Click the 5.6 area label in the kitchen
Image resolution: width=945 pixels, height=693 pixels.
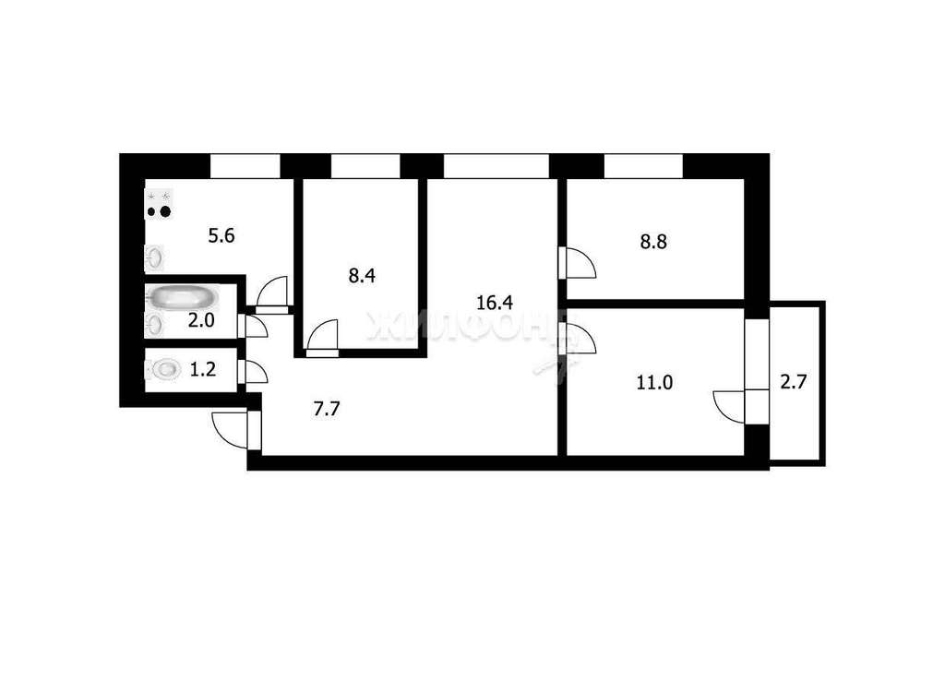(x=221, y=235)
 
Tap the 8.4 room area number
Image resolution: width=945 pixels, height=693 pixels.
(x=362, y=275)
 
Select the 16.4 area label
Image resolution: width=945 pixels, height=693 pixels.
(x=495, y=303)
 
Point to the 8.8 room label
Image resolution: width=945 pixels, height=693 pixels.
(x=653, y=243)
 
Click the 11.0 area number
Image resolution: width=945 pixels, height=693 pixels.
(x=654, y=382)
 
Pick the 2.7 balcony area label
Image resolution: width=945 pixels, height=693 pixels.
(x=793, y=381)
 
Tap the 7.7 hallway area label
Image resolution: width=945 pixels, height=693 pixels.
(x=327, y=409)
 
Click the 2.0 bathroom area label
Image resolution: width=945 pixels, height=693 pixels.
(x=200, y=320)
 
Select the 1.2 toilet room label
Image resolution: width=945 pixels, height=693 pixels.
(x=202, y=369)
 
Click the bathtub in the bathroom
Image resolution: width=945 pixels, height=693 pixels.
(x=183, y=297)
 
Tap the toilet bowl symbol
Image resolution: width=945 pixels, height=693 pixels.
(x=164, y=369)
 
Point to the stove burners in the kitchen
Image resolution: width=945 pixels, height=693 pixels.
(x=159, y=204)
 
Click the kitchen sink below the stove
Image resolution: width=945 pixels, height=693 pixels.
(x=154, y=257)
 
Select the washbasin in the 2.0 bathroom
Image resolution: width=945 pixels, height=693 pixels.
(x=154, y=324)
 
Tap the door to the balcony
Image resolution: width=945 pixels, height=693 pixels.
(x=729, y=407)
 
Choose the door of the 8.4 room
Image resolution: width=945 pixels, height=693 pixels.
(x=322, y=335)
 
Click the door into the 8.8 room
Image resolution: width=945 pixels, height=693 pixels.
(x=579, y=263)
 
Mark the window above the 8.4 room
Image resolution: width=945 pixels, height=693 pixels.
(x=365, y=166)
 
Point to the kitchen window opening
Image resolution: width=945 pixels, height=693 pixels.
(x=245, y=166)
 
